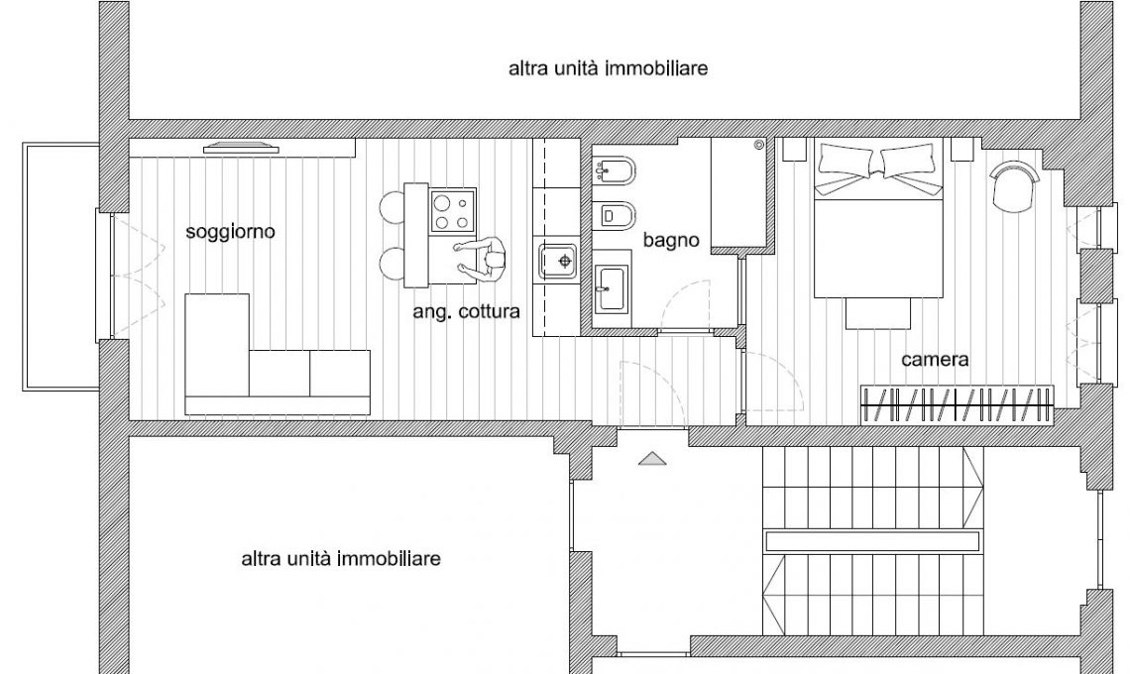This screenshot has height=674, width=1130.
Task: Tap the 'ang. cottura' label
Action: [466, 311]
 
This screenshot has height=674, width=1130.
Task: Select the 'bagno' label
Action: [671, 240]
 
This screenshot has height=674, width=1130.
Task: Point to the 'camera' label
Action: [935, 359]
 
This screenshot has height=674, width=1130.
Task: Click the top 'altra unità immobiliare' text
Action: [609, 68]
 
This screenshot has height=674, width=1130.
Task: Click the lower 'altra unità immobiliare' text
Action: [341, 559]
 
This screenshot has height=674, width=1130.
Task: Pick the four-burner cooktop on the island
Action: [453, 210]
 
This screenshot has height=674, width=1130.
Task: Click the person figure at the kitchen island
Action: [482, 258]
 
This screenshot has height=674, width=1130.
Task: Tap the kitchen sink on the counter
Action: [558, 261]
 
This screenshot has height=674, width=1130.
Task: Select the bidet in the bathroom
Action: [613, 170]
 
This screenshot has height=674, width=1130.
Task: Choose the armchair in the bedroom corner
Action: [1015, 186]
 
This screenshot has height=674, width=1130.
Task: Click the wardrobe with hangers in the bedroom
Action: [958, 405]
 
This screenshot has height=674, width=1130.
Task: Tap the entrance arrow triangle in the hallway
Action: [651, 459]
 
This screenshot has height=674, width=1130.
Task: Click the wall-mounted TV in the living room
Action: [241, 149]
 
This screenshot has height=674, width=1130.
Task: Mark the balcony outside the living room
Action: [60, 267]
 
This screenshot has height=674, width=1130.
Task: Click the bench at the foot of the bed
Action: [878, 313]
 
